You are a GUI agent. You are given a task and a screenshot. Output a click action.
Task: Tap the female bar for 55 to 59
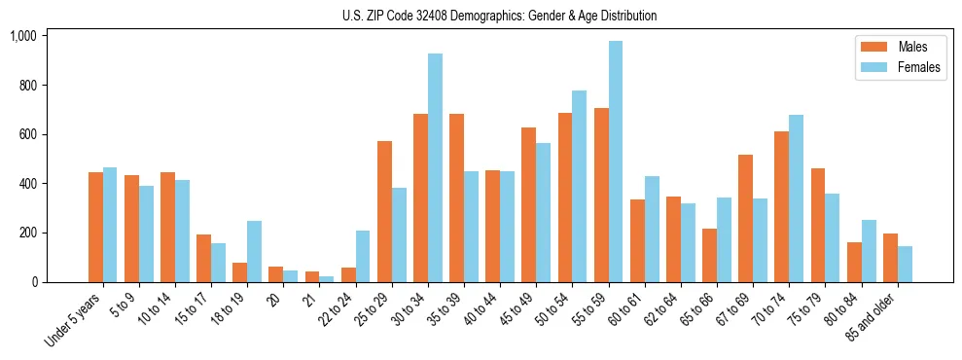[615, 162]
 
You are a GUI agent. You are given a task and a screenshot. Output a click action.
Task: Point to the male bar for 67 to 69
[745, 218]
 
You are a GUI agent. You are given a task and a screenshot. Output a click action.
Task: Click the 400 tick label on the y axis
[28, 184]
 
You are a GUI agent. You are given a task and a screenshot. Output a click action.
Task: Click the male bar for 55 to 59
[601, 195]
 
